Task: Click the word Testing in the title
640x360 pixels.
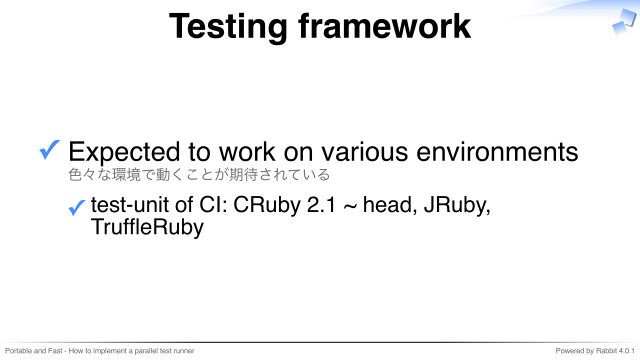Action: (228, 27)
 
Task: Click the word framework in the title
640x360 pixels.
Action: (384, 26)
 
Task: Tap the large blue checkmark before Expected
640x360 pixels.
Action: (49, 149)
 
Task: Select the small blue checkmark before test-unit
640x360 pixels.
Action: (77, 207)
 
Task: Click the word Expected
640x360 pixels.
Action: (124, 153)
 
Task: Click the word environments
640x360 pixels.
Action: (497, 152)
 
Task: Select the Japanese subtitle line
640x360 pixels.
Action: (199, 175)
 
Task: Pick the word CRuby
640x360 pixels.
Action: (267, 205)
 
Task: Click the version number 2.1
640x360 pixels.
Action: (321, 204)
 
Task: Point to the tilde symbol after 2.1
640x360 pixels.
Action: (349, 206)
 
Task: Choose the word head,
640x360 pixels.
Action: (390, 205)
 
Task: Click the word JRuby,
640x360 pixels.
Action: (457, 205)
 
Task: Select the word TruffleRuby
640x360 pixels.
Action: (147, 228)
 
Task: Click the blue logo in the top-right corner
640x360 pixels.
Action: (624, 22)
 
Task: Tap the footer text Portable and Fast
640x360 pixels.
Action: (33, 351)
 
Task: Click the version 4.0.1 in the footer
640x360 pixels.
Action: (627, 351)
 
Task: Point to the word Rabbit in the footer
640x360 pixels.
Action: (607, 351)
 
